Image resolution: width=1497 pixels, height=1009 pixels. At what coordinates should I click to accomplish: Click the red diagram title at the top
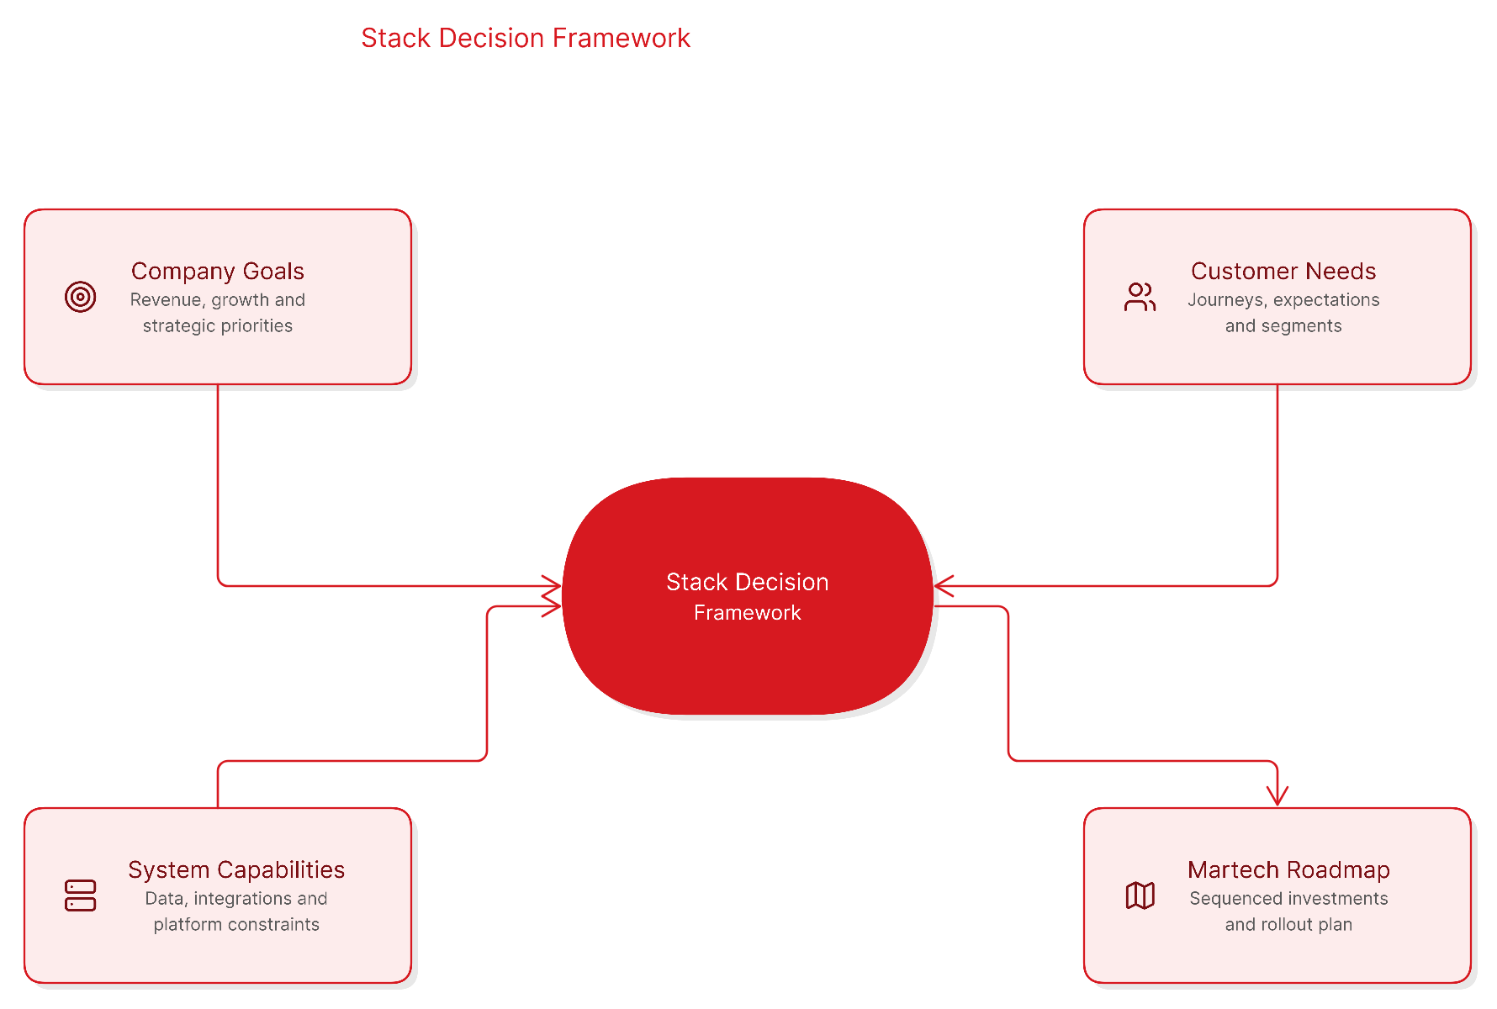(526, 38)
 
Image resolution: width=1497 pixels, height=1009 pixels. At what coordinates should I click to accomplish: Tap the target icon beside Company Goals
(81, 297)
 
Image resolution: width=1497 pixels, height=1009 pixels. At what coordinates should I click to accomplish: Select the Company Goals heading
(218, 271)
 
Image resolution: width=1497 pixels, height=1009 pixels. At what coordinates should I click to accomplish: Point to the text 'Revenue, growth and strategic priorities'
(218, 313)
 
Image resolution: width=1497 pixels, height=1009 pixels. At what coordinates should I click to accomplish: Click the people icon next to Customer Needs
(1140, 297)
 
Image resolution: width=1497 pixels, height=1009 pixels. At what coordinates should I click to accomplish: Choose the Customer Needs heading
(1283, 271)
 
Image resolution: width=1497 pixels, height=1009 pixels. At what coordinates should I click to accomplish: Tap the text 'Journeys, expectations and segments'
(1283, 313)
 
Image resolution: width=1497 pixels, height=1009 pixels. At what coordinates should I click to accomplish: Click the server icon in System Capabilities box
(81, 895)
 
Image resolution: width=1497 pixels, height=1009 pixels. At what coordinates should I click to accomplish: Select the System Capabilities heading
(236, 869)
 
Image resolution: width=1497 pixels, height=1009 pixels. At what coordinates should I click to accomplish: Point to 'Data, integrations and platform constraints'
(236, 911)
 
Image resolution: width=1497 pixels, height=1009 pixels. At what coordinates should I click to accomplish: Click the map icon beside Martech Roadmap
(1140, 895)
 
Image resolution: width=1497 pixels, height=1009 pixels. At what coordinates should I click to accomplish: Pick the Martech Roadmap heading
(1288, 869)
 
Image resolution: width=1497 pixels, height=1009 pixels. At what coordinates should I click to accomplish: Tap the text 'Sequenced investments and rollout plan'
(1288, 911)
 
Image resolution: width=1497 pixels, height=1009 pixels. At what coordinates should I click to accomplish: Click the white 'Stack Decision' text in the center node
(748, 582)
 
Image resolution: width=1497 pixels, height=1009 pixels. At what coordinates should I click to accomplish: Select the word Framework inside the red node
(748, 613)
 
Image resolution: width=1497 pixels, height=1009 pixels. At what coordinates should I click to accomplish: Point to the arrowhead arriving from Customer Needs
(944, 586)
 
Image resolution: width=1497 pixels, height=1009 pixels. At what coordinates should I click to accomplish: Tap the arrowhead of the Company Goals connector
(552, 586)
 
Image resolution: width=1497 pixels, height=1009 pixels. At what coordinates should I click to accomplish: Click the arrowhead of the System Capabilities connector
(552, 606)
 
